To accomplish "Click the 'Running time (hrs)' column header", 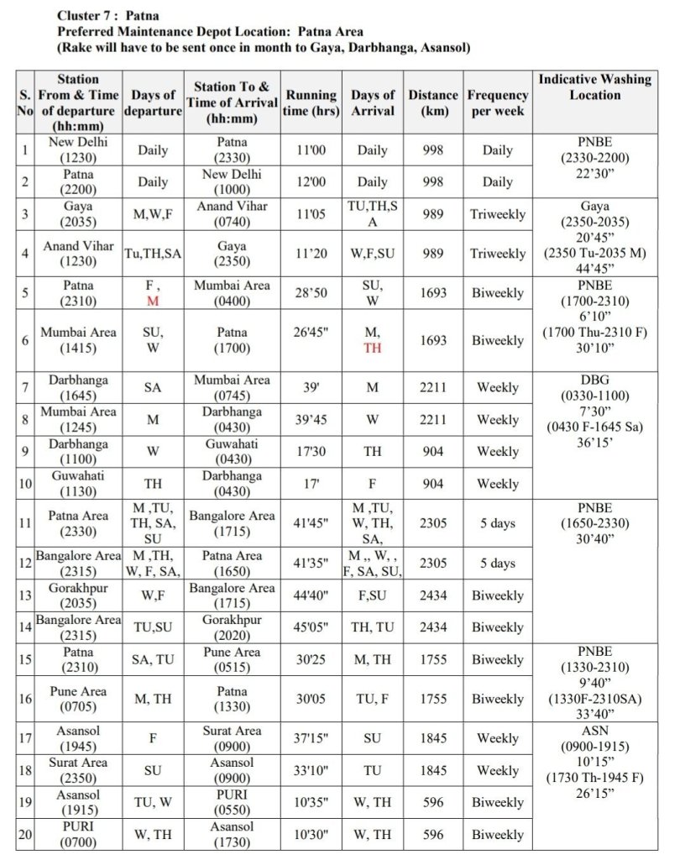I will (x=311, y=102).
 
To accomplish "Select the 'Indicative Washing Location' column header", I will (x=594, y=87).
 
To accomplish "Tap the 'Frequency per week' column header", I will (x=497, y=102).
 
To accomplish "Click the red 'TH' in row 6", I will (x=372, y=348).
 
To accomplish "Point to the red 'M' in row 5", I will (x=153, y=301).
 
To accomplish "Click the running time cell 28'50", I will (x=311, y=293).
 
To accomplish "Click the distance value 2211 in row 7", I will (x=433, y=387).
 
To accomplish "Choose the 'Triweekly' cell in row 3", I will (x=497, y=214).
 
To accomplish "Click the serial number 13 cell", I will (x=25, y=595).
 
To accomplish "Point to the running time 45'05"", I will (x=311, y=627).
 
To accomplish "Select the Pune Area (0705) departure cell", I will (x=78, y=699).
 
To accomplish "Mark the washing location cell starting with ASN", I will (x=594, y=762).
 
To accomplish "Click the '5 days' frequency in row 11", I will (x=497, y=523).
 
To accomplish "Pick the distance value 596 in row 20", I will (x=433, y=835).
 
